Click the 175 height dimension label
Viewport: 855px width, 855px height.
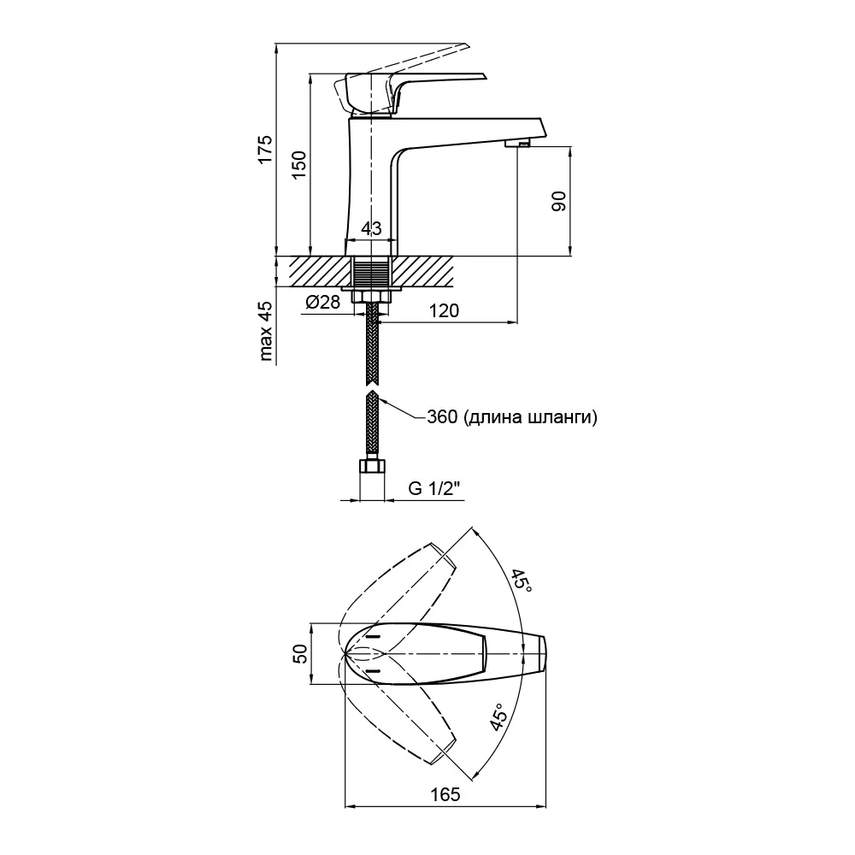(x=265, y=149)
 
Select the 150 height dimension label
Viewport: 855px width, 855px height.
(x=298, y=163)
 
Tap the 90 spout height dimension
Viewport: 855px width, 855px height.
(x=558, y=202)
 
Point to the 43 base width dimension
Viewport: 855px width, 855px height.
(x=371, y=229)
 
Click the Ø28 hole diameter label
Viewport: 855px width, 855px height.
(x=322, y=302)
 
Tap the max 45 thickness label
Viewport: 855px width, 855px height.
(x=266, y=331)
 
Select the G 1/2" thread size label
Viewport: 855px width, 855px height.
(x=434, y=488)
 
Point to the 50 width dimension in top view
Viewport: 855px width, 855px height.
(x=300, y=653)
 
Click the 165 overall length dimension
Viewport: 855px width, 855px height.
(x=445, y=794)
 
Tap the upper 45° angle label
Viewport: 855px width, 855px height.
(x=522, y=583)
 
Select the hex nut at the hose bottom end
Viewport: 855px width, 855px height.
(x=371, y=468)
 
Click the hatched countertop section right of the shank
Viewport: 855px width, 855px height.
(x=422, y=272)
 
